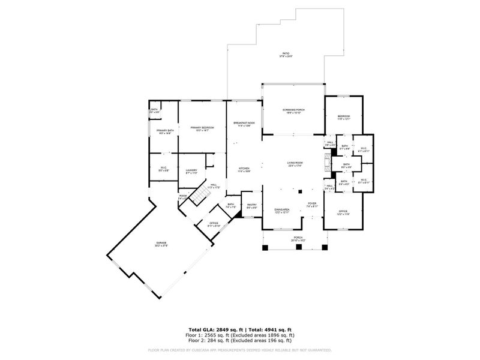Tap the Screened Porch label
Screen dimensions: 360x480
293,111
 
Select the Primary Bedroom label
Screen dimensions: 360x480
202,128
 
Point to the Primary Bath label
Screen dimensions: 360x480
165,132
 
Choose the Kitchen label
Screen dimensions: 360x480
244,170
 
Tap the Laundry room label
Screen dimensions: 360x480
191,172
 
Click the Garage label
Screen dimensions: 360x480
162,244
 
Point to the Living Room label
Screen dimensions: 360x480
295,164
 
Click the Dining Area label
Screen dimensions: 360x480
282,211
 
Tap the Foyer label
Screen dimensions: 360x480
312,205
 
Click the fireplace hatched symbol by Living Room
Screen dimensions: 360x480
327,163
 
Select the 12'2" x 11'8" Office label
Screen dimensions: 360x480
343,212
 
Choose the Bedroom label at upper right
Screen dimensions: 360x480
343,117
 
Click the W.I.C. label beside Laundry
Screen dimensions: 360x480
163,169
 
